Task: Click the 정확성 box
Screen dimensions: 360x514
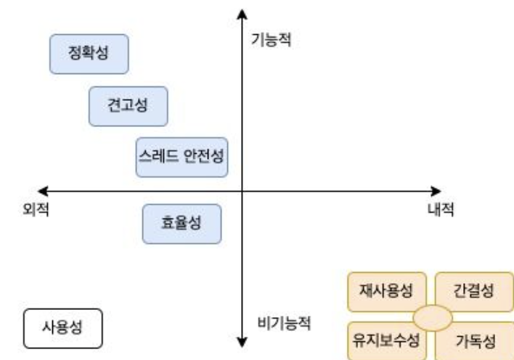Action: click(x=89, y=54)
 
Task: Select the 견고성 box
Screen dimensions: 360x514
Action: click(x=128, y=105)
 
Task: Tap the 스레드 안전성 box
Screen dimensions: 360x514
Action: click(x=181, y=157)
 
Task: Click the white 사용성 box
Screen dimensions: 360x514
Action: click(x=62, y=328)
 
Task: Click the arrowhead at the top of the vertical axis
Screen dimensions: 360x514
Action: click(x=242, y=13)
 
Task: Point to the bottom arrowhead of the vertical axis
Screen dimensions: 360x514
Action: click(x=242, y=342)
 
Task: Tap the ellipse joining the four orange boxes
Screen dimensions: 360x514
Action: click(x=433, y=317)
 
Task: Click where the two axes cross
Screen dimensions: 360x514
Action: click(x=242, y=192)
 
